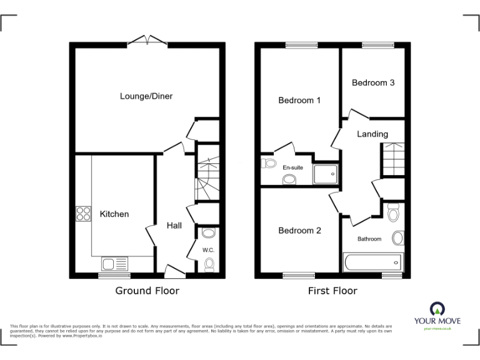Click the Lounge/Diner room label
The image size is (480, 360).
pyautogui.click(x=146, y=96)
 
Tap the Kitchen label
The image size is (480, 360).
pyautogui.click(x=114, y=214)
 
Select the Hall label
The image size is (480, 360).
pyautogui.click(x=174, y=225)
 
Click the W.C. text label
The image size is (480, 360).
pyautogui.click(x=208, y=251)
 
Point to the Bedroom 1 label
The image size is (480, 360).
pyautogui.click(x=299, y=100)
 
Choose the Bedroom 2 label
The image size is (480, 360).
pyautogui.click(x=299, y=231)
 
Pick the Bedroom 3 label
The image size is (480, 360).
pyautogui.click(x=373, y=82)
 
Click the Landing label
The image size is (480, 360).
pyautogui.click(x=372, y=134)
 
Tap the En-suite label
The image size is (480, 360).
pyautogui.click(x=293, y=167)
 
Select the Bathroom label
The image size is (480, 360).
pyautogui.click(x=369, y=239)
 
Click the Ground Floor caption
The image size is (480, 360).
pyautogui.click(x=147, y=291)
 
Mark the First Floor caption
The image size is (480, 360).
pyautogui.click(x=332, y=291)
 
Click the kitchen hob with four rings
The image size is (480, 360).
pyautogui.click(x=83, y=214)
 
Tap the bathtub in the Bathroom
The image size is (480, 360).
pyautogui.click(x=372, y=261)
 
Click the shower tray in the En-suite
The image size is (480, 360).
pyautogui.click(x=325, y=174)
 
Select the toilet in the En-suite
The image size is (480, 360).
pyautogui.click(x=269, y=164)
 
